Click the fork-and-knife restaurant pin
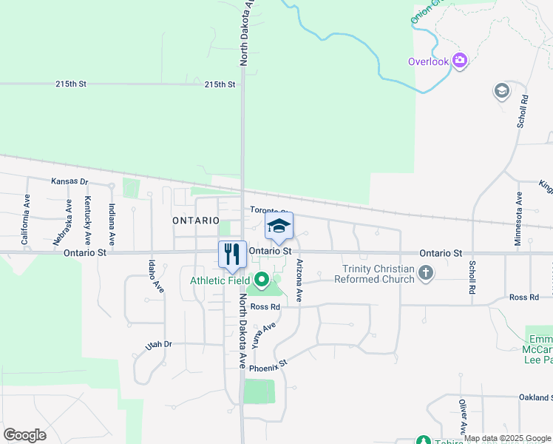233,255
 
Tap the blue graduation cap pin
279,226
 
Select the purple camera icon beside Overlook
460,61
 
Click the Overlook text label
428,61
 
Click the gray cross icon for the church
425,274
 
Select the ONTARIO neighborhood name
196,221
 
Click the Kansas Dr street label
69,181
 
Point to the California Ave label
26,220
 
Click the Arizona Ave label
299,280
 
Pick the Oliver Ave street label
463,417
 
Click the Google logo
24,434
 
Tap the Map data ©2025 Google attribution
507,438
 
